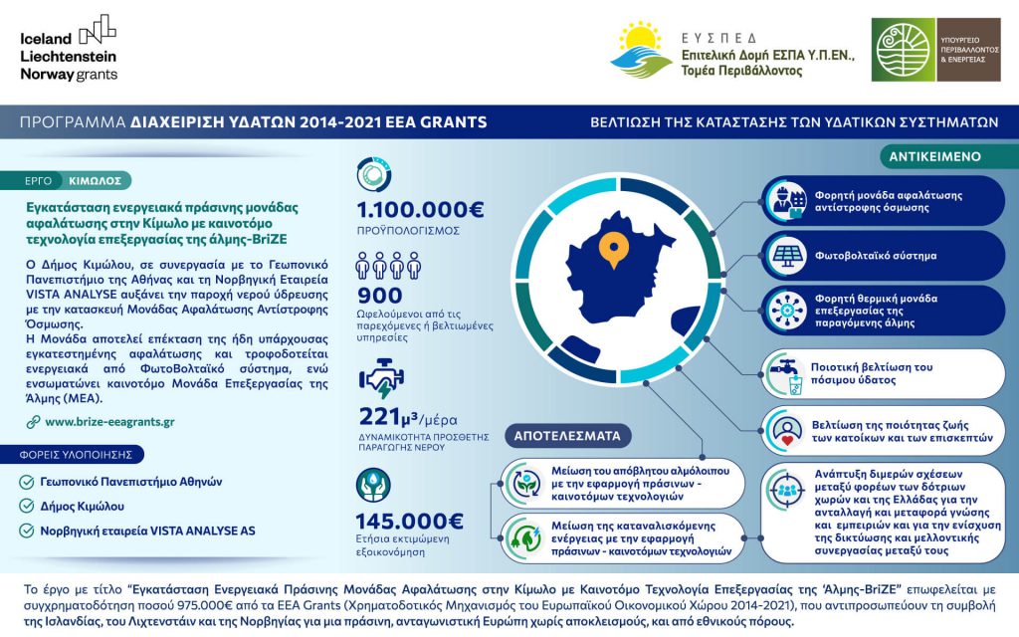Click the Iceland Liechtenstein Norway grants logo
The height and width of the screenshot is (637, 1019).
coord(68,49)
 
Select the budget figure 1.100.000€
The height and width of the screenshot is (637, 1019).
coord(420,210)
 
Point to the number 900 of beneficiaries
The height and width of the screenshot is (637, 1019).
coord(379,296)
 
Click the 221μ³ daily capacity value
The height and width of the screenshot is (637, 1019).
coord(391,415)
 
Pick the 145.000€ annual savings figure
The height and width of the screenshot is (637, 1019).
coord(410,521)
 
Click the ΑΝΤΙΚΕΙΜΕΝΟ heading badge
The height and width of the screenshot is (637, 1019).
coord(934,156)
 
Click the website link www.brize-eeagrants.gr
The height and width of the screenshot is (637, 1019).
coord(109,421)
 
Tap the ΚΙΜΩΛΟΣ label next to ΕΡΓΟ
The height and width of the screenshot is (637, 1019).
coord(96,181)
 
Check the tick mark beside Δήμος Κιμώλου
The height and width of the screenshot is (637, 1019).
coord(27,506)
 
